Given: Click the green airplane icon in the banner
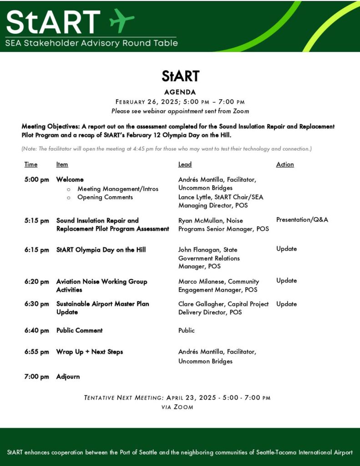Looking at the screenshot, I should (x=122, y=20).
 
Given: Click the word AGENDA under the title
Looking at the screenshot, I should (x=180, y=92).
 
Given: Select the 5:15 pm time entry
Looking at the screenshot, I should (x=36, y=221).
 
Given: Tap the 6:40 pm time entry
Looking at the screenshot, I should (x=36, y=330).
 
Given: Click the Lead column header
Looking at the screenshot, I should (x=185, y=164).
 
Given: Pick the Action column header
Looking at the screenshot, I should (x=285, y=164).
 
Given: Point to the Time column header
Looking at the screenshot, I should (x=31, y=164).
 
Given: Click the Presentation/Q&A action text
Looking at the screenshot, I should (x=302, y=220).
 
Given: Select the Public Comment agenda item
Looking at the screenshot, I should (x=79, y=330).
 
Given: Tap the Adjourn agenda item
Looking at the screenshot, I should (x=68, y=377).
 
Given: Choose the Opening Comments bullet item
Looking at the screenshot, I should (x=105, y=198).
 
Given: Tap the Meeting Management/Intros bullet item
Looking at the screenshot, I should (x=118, y=189).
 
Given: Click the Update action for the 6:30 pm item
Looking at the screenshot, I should (x=286, y=304).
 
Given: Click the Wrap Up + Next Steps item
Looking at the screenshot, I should (x=89, y=352).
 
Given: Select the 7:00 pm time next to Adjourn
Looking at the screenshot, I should (x=36, y=377).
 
